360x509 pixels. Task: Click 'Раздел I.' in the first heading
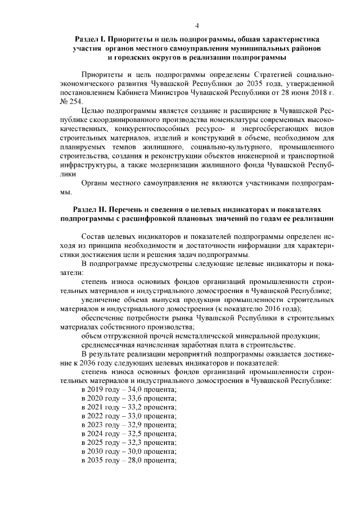click(90, 40)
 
